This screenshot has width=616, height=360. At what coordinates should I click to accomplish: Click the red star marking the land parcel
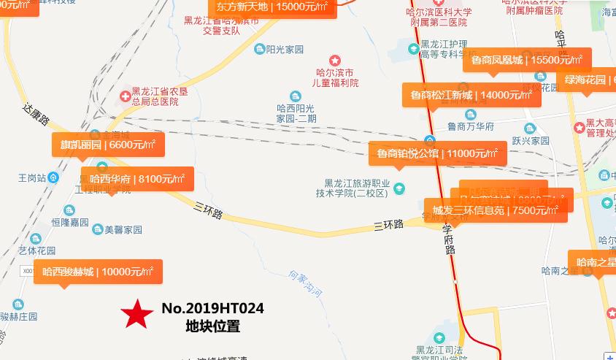pos(136,315)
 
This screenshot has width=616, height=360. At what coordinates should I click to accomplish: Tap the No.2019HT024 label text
pos(212,309)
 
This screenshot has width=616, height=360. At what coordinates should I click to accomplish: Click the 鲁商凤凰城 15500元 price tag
pos(526,60)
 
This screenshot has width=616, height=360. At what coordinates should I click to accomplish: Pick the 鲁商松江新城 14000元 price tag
pos(471,95)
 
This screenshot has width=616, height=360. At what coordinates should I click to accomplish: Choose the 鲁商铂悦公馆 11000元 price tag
pos(437,153)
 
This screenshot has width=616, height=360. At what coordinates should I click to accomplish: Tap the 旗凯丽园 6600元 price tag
pos(107,145)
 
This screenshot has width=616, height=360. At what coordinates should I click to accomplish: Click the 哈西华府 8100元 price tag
pos(137,179)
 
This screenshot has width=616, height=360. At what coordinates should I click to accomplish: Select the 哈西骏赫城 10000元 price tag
pos(98,272)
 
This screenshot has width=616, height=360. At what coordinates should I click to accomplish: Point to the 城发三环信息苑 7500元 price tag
pos(496,210)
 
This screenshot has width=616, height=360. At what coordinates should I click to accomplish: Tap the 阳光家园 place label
pos(284,50)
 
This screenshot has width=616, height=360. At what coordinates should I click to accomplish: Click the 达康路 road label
pos(35,115)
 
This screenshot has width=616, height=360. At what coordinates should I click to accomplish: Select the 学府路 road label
pos(450,239)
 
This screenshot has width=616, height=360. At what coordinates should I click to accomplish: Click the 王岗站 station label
pos(32,178)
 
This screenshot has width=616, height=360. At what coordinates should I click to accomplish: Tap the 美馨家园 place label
pos(123,229)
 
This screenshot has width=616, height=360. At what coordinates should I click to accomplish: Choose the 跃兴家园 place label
pos(529,140)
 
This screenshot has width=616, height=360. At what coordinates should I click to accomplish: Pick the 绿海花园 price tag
pos(586,80)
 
